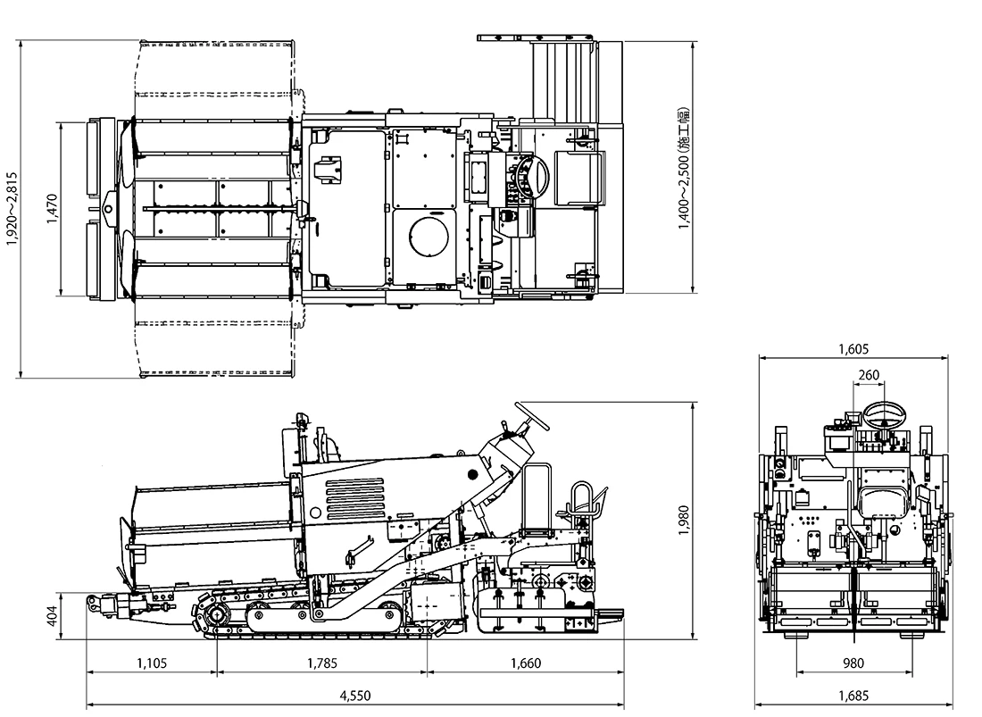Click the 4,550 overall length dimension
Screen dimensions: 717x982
coord(355,696)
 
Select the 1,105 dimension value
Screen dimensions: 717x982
coord(153,663)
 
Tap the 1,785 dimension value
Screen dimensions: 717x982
coord(322,663)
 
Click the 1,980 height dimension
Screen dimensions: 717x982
coord(684,521)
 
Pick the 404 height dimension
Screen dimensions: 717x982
coord(51,615)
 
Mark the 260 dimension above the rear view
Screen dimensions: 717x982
coord(868,375)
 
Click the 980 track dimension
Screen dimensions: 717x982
coord(853,663)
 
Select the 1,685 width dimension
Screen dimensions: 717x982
coord(853,696)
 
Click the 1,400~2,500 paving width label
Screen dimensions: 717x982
coord(684,170)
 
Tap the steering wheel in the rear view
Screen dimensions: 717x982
coord(884,413)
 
